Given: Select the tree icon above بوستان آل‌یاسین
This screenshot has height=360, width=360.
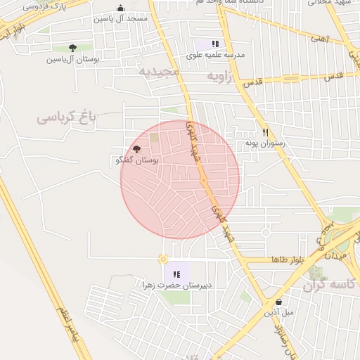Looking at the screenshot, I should [x=72, y=48].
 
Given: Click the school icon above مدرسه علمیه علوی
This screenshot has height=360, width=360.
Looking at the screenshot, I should [x=215, y=44].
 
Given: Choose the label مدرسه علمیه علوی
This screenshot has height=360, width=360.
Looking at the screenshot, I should [x=215, y=54].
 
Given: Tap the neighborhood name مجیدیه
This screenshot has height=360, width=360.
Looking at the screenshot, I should [x=159, y=72].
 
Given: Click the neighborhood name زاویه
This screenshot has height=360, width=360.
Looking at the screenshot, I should [x=219, y=74].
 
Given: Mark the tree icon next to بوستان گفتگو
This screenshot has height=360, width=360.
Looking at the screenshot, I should [x=136, y=149].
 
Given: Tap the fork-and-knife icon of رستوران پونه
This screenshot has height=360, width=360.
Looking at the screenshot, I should [x=265, y=131].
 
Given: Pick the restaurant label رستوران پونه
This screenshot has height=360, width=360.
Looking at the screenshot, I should [x=264, y=143].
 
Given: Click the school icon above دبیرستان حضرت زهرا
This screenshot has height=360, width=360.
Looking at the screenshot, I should [x=176, y=274].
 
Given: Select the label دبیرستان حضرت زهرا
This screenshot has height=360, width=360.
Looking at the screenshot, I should [x=176, y=285].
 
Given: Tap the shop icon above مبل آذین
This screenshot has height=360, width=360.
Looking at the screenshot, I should [x=279, y=302].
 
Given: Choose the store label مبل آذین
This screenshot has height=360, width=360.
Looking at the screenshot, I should [x=279, y=313].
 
